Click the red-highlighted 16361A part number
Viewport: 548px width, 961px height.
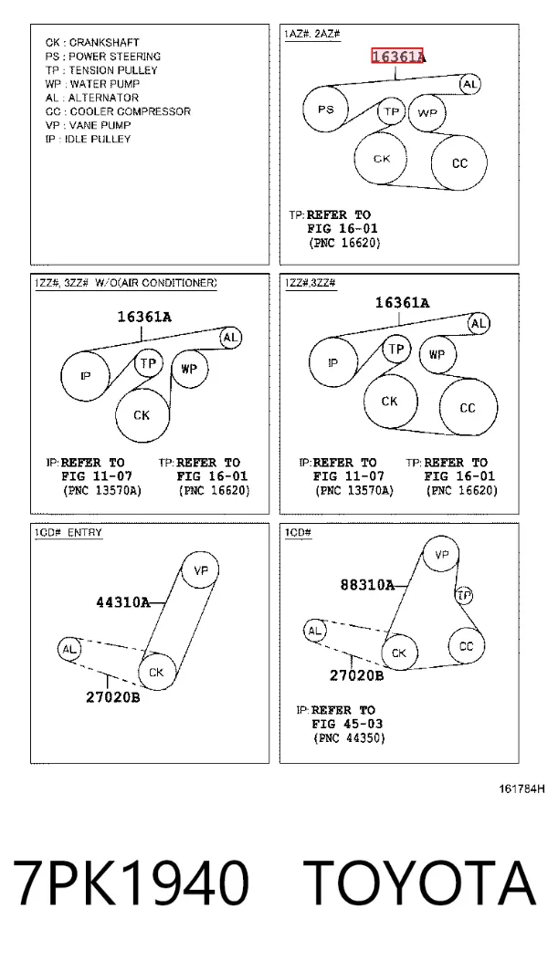tap(397, 57)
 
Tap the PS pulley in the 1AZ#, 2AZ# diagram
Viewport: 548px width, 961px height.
tap(326, 110)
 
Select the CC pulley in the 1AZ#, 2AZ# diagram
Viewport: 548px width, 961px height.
tap(459, 163)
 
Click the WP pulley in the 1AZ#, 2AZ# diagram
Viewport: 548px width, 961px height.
tap(427, 113)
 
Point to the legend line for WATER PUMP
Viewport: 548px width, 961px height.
tap(92, 84)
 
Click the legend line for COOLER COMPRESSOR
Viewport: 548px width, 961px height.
tap(118, 111)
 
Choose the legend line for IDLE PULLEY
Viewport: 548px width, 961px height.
tap(88, 139)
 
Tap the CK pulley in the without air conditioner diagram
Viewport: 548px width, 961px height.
tap(142, 415)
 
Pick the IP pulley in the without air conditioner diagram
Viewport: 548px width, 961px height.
tap(85, 376)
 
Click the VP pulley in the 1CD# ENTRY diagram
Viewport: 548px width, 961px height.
tap(201, 570)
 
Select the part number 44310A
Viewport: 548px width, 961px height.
tap(122, 602)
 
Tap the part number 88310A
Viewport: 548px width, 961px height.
tap(367, 585)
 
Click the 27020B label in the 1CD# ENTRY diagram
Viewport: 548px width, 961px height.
tap(112, 697)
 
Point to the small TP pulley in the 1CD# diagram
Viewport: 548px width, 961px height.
tap(464, 595)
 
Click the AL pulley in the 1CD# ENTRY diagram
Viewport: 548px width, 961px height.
tap(68, 649)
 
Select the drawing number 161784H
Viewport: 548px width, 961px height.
tap(521, 789)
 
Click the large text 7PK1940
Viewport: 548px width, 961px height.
tap(132, 883)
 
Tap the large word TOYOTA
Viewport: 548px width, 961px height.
tap(420, 883)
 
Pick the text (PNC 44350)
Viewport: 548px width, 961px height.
tap(349, 738)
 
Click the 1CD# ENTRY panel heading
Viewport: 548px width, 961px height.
tap(68, 533)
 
